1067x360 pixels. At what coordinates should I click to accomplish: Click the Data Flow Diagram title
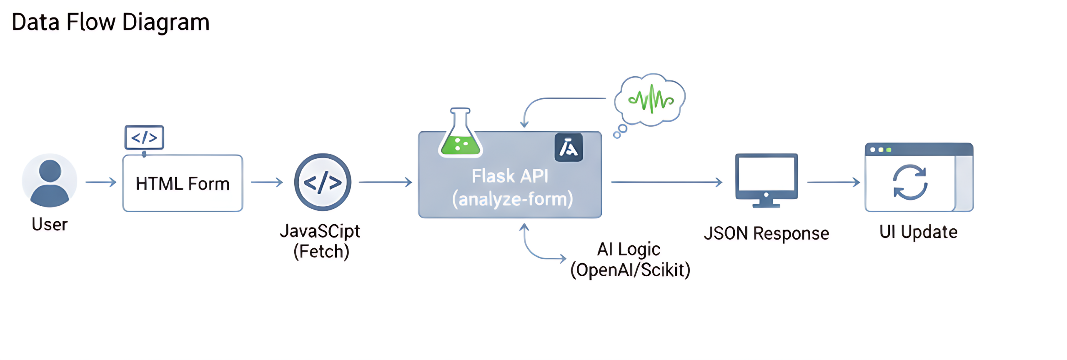[110, 22]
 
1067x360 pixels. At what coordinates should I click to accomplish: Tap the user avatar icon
[50, 180]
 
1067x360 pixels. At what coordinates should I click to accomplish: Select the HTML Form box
[183, 184]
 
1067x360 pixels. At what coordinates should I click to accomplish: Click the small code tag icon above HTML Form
[144, 137]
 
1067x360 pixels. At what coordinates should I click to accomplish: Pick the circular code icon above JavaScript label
[323, 182]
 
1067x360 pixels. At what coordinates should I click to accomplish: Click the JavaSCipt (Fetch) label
[321, 241]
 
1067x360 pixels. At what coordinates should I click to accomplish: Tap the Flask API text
[510, 176]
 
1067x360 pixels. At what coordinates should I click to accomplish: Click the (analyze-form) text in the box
[512, 199]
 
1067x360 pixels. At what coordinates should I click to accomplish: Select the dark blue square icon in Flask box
[569, 147]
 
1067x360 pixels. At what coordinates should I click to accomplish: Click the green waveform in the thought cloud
[651, 99]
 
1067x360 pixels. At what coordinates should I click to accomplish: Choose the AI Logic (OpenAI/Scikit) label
[630, 260]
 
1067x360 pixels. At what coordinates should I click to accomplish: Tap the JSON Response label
[766, 233]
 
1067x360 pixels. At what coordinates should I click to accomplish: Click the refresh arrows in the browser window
[910, 182]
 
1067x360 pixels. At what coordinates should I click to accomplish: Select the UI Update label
[918, 232]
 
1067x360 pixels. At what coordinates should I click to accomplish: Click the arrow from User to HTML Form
[101, 182]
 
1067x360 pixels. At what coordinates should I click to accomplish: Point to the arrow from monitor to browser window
[833, 182]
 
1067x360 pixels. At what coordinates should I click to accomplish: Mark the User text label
[50, 225]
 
